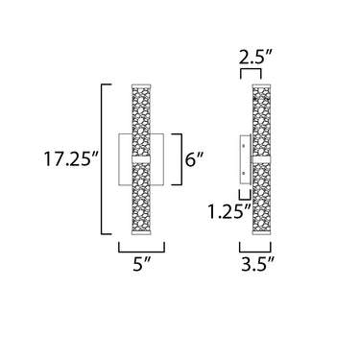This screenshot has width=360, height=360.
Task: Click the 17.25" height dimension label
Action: point(72,159)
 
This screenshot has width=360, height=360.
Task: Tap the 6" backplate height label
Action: point(194,158)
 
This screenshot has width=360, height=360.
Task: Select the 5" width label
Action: point(141,264)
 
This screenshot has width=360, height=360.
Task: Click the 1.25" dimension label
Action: point(229,211)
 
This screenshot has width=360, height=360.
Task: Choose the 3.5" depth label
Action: point(257,264)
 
